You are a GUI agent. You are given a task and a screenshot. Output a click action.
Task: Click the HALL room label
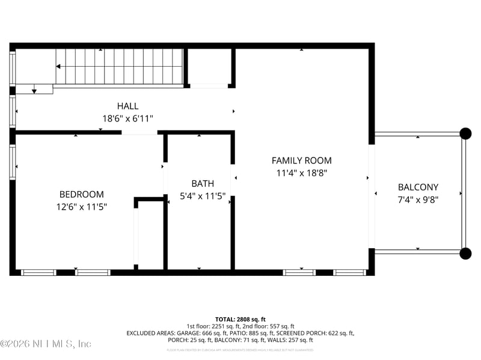tap(127, 106)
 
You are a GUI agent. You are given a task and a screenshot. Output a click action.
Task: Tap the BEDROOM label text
tap(81, 194)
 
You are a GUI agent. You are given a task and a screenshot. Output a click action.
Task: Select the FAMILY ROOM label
tap(301, 160)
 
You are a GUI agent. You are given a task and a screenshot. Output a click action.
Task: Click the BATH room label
tap(203, 183)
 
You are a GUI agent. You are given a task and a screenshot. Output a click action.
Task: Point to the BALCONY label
tap(418, 187)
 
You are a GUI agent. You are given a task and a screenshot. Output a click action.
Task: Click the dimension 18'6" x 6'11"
tap(127, 119)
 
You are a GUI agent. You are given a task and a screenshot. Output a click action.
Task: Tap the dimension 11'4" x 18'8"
tap(301, 173)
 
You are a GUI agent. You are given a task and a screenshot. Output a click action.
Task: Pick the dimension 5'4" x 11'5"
tap(203, 196)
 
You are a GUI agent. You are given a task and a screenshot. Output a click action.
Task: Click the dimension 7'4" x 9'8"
tap(418, 200)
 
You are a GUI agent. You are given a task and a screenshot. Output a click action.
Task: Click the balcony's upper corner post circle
tap(465, 133)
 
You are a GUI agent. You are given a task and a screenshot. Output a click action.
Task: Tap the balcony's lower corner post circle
tap(465, 254)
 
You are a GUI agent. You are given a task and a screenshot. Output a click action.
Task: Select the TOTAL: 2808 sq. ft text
tap(240, 319)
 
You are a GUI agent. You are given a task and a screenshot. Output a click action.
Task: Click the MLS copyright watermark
tap(46, 344)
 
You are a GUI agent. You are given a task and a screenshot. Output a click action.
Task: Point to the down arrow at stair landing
tap(34, 90)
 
